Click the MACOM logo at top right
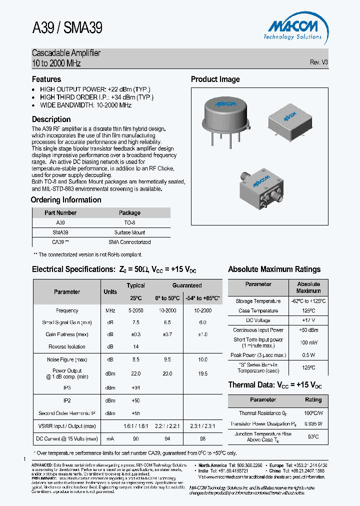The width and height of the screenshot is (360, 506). (x=292, y=28)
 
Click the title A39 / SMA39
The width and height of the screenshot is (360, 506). (x=67, y=28)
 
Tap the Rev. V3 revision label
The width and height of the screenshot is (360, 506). (x=318, y=62)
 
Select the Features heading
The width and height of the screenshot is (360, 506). (x=46, y=79)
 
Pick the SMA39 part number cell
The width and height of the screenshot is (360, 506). (x=60, y=232)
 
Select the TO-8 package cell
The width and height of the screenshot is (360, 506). (x=129, y=222)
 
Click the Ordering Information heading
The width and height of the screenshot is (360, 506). (x=66, y=200)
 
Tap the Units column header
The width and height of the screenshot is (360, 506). (x=110, y=291)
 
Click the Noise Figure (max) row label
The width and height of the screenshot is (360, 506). (x=67, y=359)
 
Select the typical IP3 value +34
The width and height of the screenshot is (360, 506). (x=135, y=387)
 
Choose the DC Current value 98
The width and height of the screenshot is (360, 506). (x=202, y=438)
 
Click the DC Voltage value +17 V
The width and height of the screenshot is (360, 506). (x=308, y=320)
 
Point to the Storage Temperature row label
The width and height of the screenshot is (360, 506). (x=258, y=301)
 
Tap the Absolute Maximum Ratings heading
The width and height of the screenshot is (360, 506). (x=274, y=269)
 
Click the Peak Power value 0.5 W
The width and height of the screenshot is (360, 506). (x=308, y=355)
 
